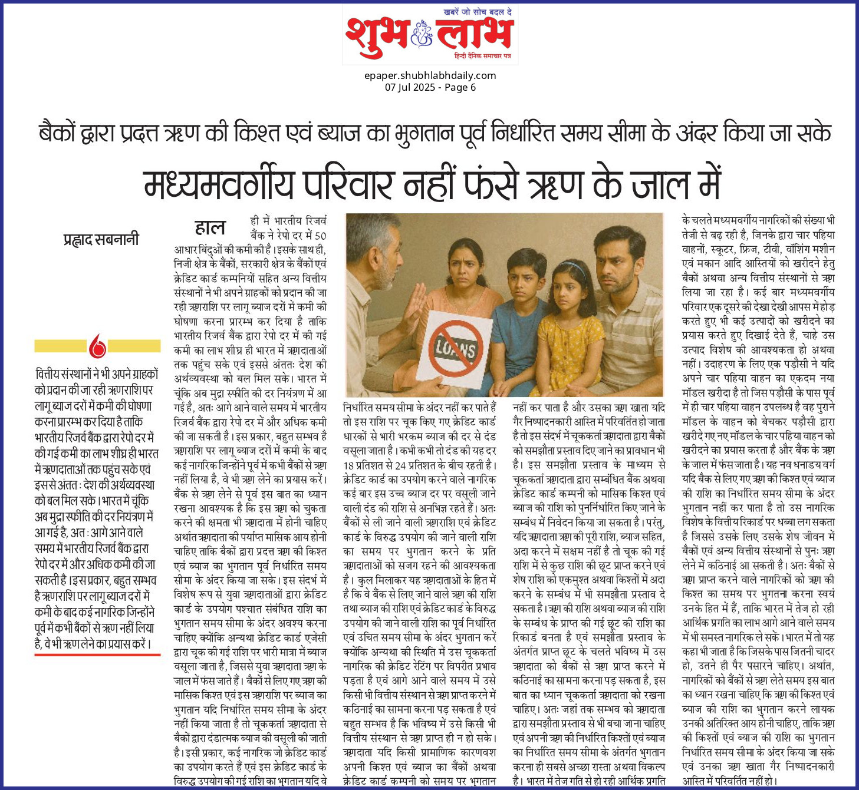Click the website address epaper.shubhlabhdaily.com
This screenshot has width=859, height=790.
(430, 75)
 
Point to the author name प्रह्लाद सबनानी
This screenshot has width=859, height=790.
(101, 240)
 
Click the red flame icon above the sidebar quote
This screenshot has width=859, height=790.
(97, 346)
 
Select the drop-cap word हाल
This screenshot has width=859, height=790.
(210, 227)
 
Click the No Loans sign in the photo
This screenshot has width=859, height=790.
(455, 348)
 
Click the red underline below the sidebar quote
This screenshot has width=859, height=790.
(97, 655)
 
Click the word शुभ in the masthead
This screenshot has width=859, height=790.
(376, 35)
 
